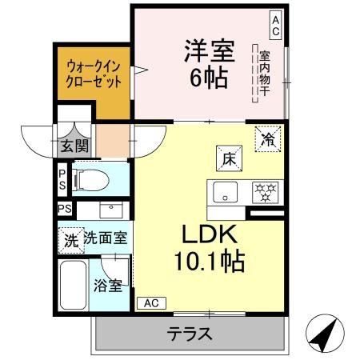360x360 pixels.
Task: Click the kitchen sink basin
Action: point(226,193)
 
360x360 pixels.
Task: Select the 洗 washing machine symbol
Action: point(71,238)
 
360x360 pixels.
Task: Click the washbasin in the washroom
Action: point(108,210)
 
